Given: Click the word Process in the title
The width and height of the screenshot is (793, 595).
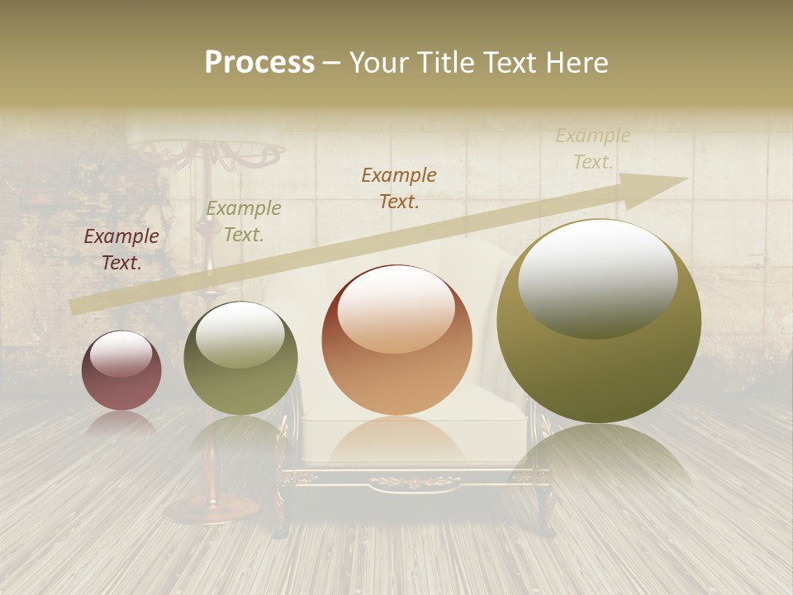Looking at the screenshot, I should click(x=259, y=63).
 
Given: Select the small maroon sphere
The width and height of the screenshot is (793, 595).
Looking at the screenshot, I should click(x=121, y=370).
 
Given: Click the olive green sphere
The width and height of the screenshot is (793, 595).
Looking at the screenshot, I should click(x=240, y=359).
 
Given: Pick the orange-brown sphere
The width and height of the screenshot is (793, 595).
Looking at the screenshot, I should click(x=397, y=340).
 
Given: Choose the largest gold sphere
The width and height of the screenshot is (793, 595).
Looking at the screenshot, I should click(x=599, y=321).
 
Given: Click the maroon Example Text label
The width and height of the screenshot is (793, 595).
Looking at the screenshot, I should click(x=121, y=250).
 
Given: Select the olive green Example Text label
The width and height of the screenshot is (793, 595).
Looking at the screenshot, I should click(x=243, y=221).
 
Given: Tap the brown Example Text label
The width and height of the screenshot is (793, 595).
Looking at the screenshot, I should click(x=399, y=188).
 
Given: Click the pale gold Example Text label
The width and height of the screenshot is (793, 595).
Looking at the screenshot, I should click(x=592, y=149).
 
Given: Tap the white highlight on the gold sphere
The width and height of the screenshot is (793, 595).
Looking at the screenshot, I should click(x=597, y=279).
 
